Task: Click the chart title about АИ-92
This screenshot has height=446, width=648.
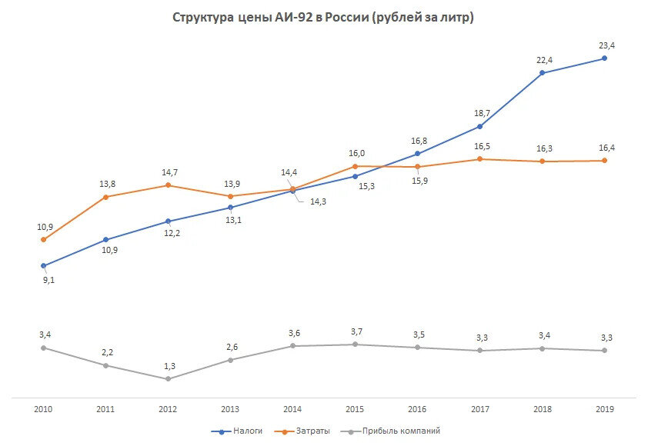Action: [x=322, y=18]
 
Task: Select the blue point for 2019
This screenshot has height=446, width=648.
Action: [x=604, y=58]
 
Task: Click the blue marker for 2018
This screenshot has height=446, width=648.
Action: [x=542, y=73]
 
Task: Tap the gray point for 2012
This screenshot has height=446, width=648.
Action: [x=168, y=378]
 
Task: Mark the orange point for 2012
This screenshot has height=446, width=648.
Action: [x=168, y=185]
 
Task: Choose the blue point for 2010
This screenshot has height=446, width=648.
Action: [x=43, y=266]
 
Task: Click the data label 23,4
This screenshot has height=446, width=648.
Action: [x=607, y=45]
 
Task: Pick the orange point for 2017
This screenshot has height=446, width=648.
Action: [x=479, y=159]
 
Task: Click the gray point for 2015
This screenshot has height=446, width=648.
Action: [x=355, y=344]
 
